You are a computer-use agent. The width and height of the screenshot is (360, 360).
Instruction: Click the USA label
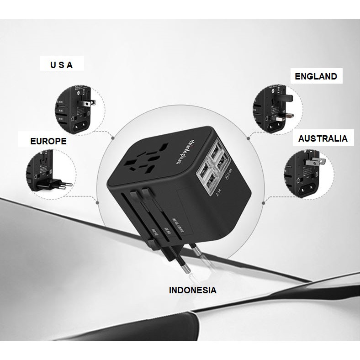coord(61,65)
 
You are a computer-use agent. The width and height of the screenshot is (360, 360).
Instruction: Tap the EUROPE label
coord(48,141)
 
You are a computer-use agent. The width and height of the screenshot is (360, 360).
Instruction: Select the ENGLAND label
coord(316,76)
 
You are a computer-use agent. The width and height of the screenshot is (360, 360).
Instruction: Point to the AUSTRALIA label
coord(323,138)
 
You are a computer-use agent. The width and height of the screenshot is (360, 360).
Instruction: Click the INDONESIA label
coord(192,290)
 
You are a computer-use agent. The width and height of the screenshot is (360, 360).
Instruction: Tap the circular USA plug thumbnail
coord(78,109)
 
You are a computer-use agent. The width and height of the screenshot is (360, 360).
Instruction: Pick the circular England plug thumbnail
coord(276,110)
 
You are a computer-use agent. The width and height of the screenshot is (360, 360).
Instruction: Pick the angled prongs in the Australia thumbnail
coord(315,161)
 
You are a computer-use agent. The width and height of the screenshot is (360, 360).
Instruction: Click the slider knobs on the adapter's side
coord(139,194)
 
